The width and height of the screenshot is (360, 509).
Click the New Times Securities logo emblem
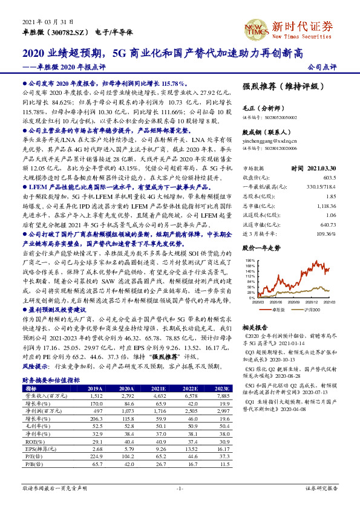253,26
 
